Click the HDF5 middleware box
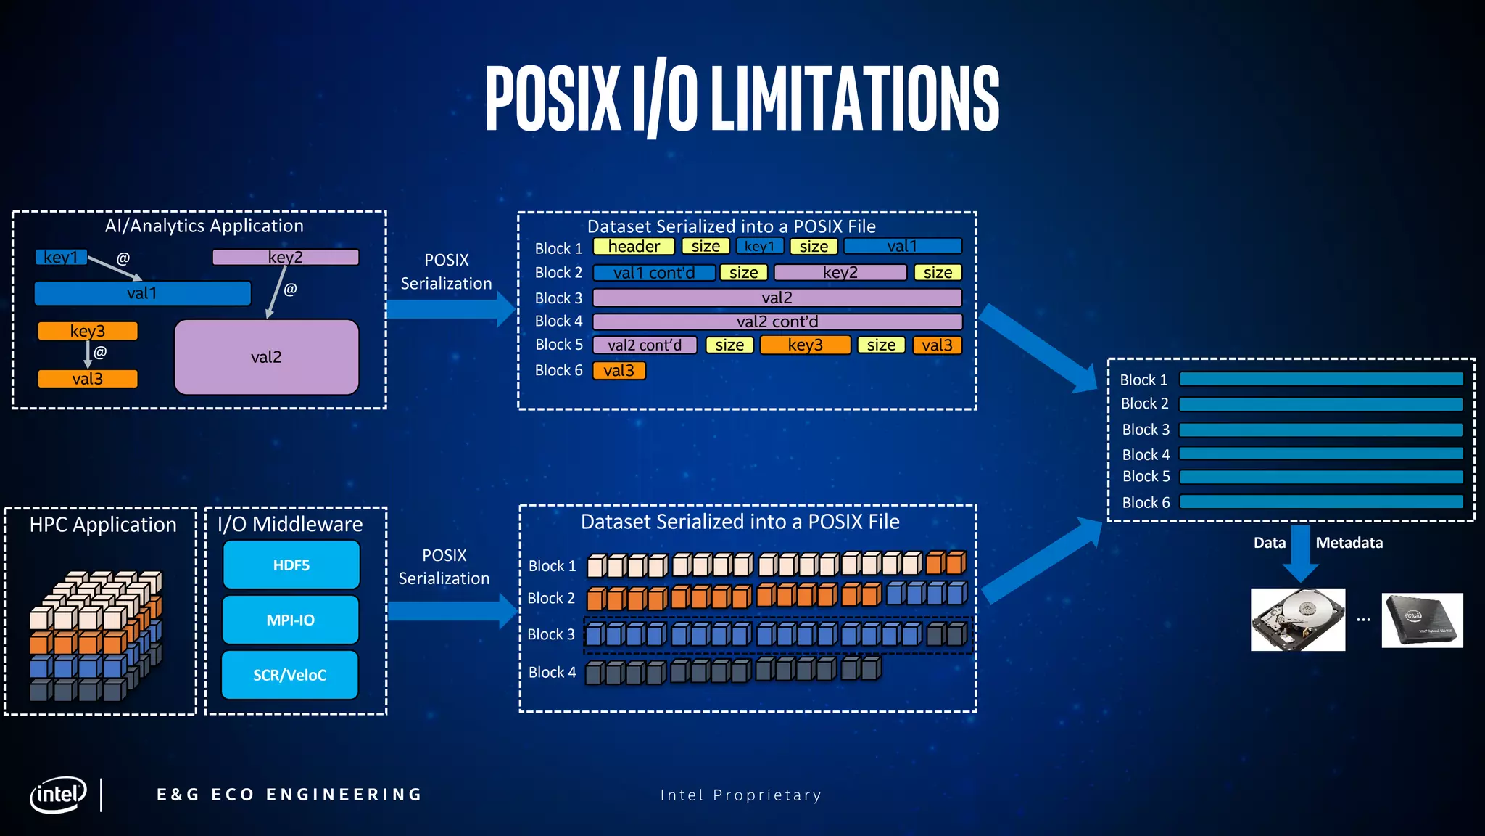pyautogui.click(x=291, y=565)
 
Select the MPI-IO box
pyautogui.click(x=290, y=620)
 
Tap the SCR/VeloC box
pyautogui.click(x=289, y=675)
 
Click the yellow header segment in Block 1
pyautogui.click(x=634, y=247)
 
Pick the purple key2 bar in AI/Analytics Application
pyautogui.click(x=285, y=257)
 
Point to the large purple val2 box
pyautogui.click(x=266, y=357)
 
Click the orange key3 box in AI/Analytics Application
pyautogui.click(x=88, y=331)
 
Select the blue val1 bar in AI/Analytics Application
pyautogui.click(x=142, y=293)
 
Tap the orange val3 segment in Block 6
pyautogui.click(x=619, y=371)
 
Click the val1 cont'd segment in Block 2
pyautogui.click(x=653, y=273)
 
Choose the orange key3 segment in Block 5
pyautogui.click(x=805, y=345)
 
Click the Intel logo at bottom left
pyautogui.click(x=58, y=795)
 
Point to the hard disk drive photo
pyautogui.click(x=1298, y=620)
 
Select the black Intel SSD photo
pyautogui.click(x=1422, y=620)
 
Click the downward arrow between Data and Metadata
pyautogui.click(x=1299, y=554)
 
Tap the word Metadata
pyautogui.click(x=1349, y=543)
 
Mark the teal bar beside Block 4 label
pyautogui.click(x=1321, y=454)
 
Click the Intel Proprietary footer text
pyautogui.click(x=740, y=795)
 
